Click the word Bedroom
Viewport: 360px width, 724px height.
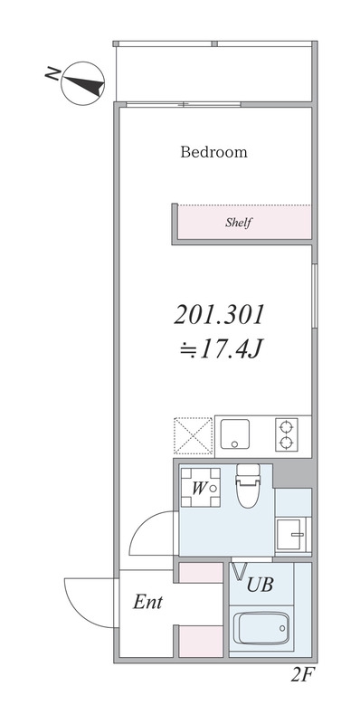pyautogui.click(x=213, y=152)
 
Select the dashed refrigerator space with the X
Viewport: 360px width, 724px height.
pyautogui.click(x=192, y=434)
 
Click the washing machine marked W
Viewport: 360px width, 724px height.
pyautogui.click(x=199, y=490)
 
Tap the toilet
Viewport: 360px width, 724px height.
pyautogui.click(x=246, y=489)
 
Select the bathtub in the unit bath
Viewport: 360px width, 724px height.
pyautogui.click(x=261, y=627)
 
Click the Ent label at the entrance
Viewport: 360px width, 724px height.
pyautogui.click(x=147, y=603)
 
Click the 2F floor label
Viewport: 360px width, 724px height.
pyautogui.click(x=302, y=675)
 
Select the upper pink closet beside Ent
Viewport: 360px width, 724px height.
pyautogui.click(x=199, y=572)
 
